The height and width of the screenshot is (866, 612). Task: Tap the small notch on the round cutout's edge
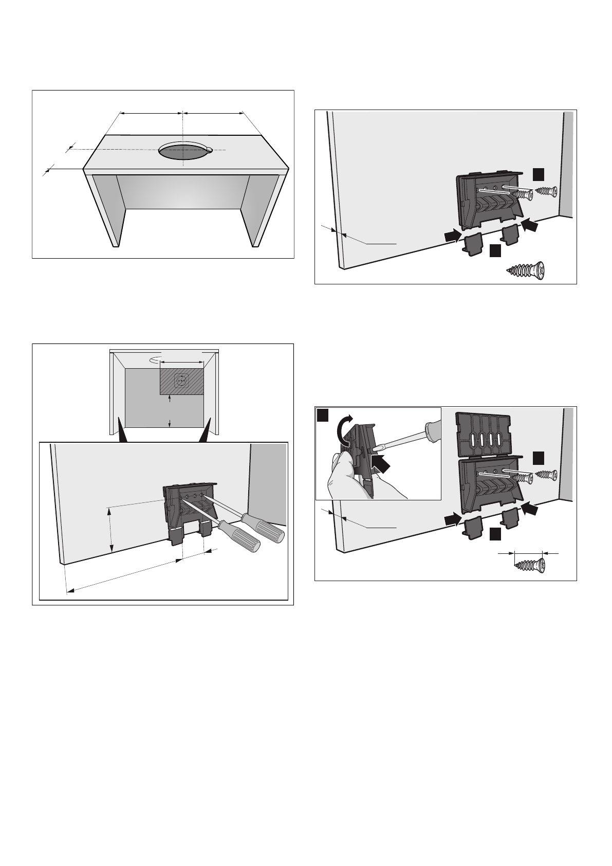coord(209,150)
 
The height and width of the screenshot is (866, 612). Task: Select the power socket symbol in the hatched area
coord(180,381)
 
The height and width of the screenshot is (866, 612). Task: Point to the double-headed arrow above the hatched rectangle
coord(182,362)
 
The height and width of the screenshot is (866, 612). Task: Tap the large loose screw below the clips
coord(526,270)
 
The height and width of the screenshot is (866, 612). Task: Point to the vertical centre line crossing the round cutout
coord(183,139)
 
